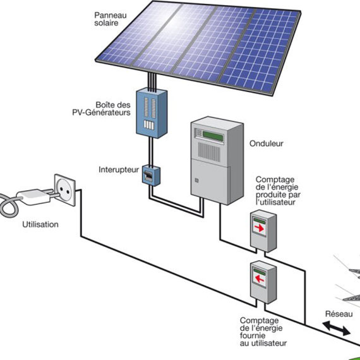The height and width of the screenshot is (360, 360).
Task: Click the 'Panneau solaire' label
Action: [x=111, y=19]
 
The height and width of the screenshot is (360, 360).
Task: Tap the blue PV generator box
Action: [x=152, y=113]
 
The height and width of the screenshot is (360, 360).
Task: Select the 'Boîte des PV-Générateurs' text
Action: [x=102, y=109]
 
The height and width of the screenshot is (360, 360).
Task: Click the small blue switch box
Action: [x=151, y=176]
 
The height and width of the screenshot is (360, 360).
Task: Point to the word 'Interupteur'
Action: [x=119, y=170]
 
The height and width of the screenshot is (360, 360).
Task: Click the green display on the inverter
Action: [x=213, y=136]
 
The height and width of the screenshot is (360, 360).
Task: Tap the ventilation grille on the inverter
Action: [x=209, y=152]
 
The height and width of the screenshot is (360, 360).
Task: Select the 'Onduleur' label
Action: [x=267, y=143]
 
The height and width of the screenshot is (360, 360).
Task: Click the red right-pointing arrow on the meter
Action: [x=260, y=228]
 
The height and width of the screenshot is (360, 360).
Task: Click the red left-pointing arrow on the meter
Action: [x=260, y=279]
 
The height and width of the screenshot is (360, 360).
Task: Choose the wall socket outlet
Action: [x=65, y=190]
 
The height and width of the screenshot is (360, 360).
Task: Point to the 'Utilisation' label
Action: [x=40, y=224]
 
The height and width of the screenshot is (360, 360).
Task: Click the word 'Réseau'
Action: [x=339, y=314]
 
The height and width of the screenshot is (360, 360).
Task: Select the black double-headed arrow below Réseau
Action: [x=337, y=328]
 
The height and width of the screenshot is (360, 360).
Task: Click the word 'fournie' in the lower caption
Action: [x=253, y=335]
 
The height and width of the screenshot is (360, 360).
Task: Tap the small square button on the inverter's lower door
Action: [x=196, y=180]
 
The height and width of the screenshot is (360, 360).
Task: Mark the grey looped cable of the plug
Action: [x=9, y=205]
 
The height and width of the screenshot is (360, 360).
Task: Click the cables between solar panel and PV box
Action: [x=152, y=82]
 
